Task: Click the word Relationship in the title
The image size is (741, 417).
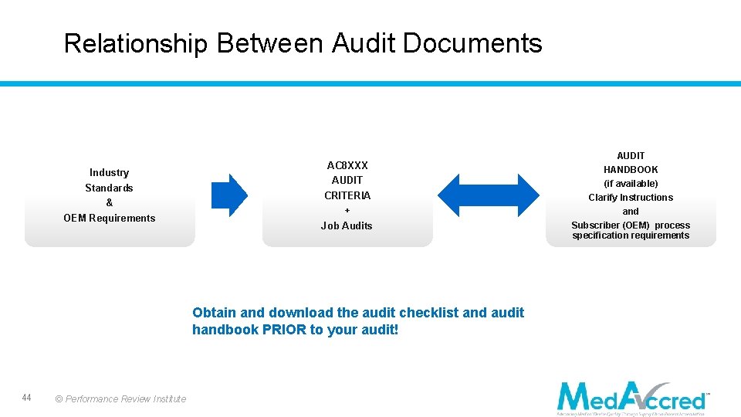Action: [135, 44]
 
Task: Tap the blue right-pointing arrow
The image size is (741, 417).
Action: [229, 195]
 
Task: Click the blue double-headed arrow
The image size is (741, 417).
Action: [489, 195]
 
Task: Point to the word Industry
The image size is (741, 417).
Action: [109, 172]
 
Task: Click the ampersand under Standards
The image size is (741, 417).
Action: [109, 202]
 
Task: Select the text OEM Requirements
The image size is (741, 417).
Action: [109, 218]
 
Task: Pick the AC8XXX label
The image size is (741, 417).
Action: [347, 165]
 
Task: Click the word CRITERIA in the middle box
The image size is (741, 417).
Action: [347, 195]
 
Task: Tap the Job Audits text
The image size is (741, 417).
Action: [347, 225]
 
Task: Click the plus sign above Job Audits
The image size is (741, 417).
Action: [347, 211]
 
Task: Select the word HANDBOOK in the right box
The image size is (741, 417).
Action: [631, 169]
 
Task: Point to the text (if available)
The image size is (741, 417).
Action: [631, 183]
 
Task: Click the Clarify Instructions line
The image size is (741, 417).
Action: [631, 197]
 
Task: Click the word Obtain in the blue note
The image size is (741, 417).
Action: [214, 313]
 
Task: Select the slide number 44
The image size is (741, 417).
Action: [26, 398]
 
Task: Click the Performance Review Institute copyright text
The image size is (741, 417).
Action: [120, 399]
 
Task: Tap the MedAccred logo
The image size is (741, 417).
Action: [632, 398]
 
